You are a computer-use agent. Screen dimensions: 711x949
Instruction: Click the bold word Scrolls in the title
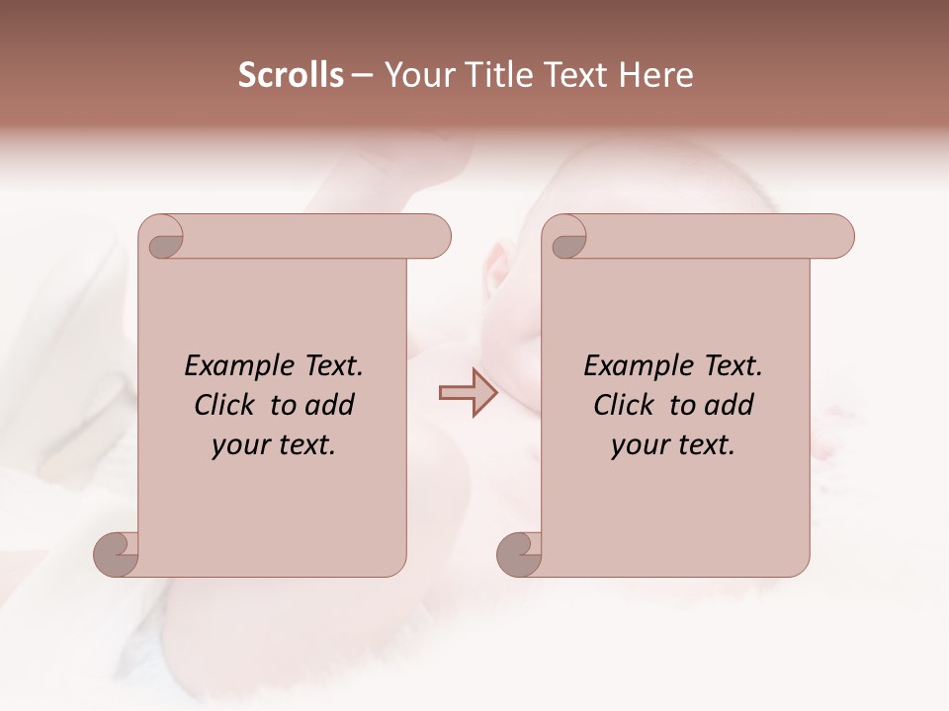click(x=291, y=75)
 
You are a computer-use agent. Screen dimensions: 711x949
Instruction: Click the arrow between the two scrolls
click(x=468, y=393)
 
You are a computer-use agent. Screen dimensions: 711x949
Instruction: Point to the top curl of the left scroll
click(x=162, y=237)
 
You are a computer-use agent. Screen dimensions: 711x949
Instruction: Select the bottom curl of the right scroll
click(x=519, y=554)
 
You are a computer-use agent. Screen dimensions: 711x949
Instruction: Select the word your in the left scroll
click(x=240, y=445)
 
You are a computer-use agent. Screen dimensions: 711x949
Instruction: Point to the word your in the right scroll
click(x=640, y=445)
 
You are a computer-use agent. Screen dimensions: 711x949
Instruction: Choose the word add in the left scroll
click(x=330, y=405)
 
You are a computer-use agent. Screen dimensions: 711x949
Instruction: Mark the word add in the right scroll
click(x=730, y=405)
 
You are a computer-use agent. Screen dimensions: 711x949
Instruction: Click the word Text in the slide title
click(x=574, y=75)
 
